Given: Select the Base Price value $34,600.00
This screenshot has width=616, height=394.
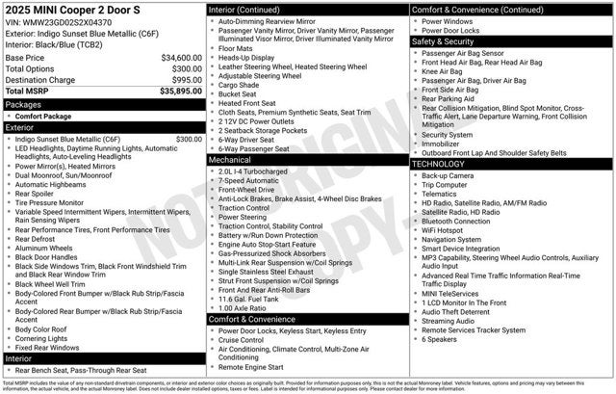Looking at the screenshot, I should click(x=181, y=58).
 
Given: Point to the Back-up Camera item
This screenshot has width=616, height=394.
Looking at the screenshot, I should click(x=447, y=175).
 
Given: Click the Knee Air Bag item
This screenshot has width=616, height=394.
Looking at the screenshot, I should click(x=442, y=71).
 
